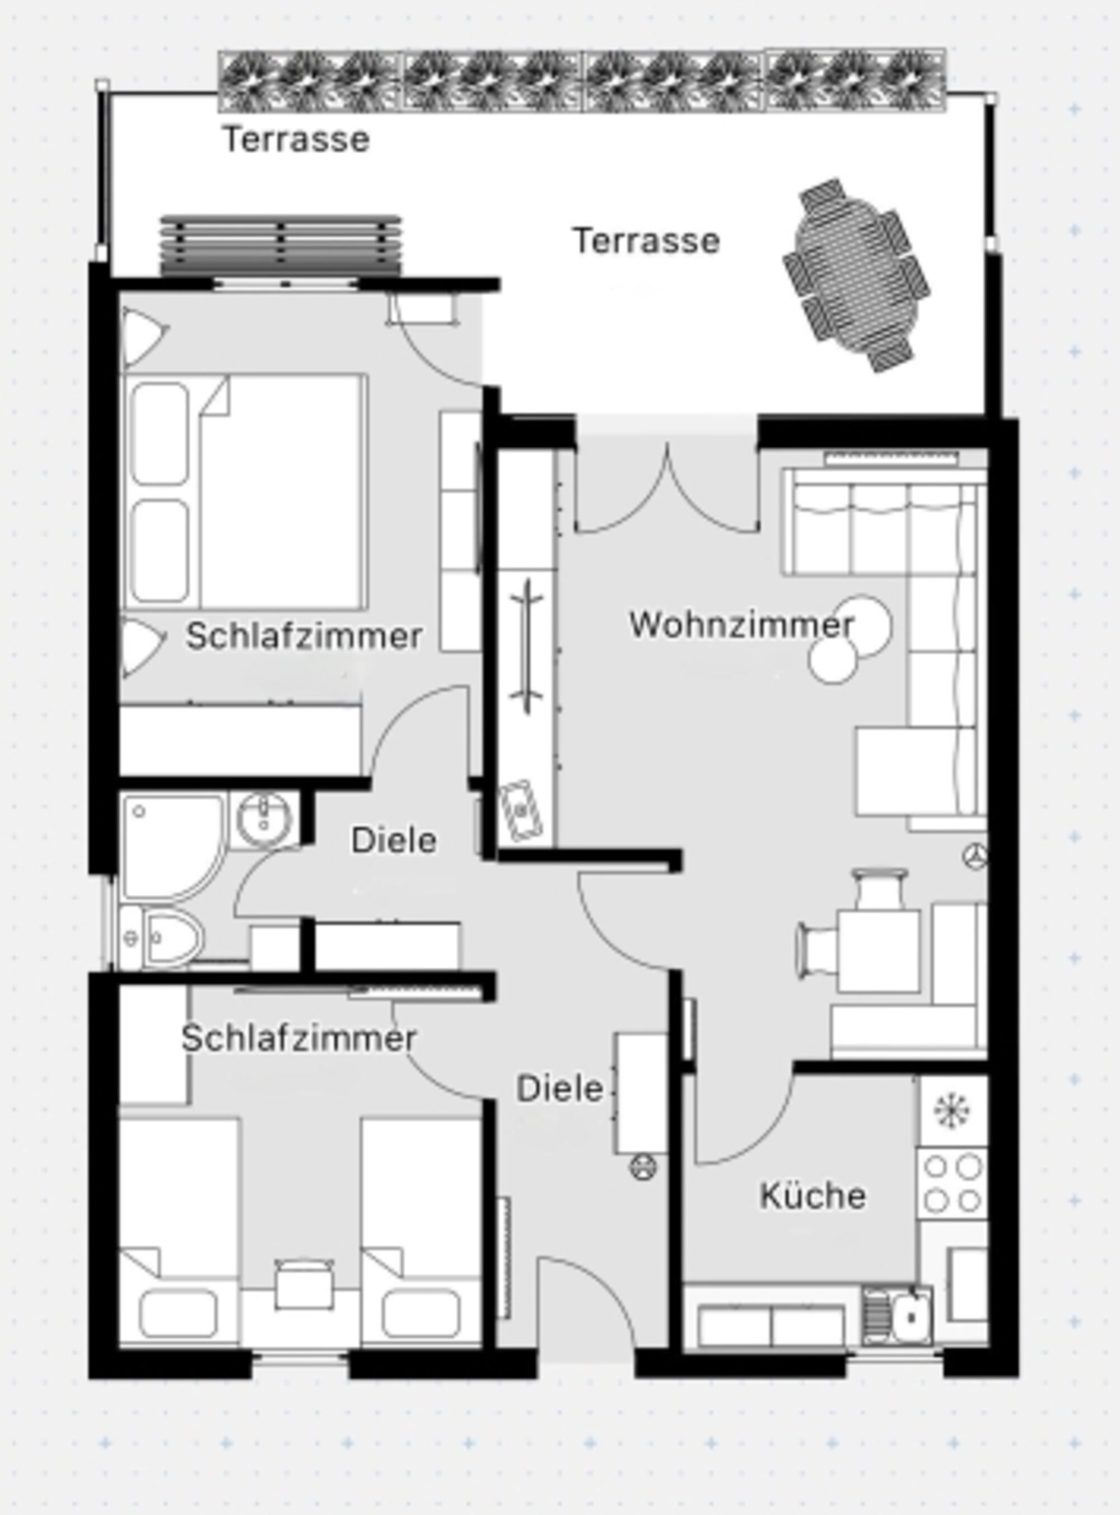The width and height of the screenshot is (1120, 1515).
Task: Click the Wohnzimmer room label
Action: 741,624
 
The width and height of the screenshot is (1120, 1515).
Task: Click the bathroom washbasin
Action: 264,819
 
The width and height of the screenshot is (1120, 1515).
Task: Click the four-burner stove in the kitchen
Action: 953,1183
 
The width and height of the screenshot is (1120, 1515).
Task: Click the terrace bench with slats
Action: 281,246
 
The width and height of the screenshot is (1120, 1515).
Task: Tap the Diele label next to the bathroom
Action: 393,841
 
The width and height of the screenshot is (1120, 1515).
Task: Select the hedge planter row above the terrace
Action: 582,81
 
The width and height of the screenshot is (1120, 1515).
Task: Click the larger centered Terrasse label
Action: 646,241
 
